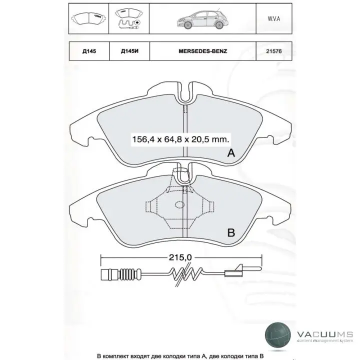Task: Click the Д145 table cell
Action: (89, 51)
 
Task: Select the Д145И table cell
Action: (129, 51)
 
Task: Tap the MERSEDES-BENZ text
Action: (202, 51)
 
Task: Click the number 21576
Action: (273, 51)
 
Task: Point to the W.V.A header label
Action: (273, 18)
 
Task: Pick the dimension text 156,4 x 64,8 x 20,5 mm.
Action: (180, 139)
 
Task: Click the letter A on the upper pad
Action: (231, 153)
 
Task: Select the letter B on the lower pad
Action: (231, 232)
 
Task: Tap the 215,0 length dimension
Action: (180, 257)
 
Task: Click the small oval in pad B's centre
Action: (179, 204)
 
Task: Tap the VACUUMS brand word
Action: (324, 334)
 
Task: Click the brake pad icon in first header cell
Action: (89, 18)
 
